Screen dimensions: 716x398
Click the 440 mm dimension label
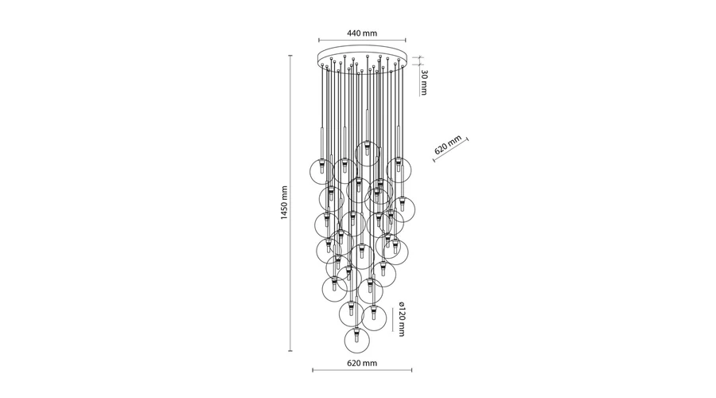click(x=362, y=33)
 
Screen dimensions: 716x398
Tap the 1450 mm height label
click(x=285, y=203)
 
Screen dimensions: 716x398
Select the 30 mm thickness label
click(x=424, y=83)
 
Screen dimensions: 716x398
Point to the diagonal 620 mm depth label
click(x=448, y=145)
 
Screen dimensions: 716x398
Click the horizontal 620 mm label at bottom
click(x=362, y=363)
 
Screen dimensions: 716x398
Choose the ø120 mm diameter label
click(x=402, y=319)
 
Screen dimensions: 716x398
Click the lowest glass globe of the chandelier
click(x=357, y=341)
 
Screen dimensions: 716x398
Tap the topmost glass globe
click(x=368, y=154)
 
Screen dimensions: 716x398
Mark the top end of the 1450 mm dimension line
click(x=290, y=56)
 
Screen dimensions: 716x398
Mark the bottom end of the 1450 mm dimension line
click(x=290, y=351)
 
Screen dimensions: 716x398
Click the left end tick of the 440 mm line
click(x=319, y=41)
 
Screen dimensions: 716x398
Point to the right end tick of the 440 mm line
click(x=406, y=41)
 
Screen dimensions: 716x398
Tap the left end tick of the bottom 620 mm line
click(x=313, y=370)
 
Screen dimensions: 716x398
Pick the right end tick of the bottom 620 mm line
click(x=412, y=370)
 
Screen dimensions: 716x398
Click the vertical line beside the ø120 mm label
click(x=392, y=320)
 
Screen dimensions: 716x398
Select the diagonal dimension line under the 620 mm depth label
click(x=451, y=150)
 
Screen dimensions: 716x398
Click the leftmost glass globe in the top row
click(x=321, y=171)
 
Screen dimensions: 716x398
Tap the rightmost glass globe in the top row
click(x=399, y=170)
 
